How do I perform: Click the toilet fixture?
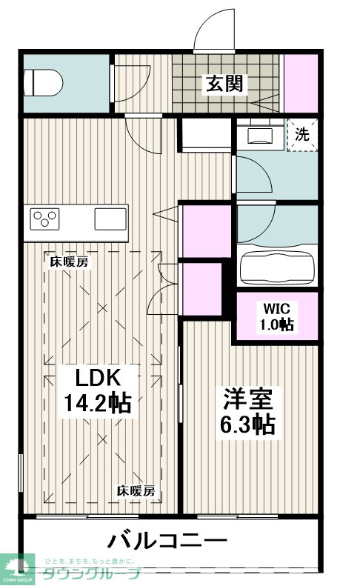tap(42, 82)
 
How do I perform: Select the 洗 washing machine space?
tap(302, 135)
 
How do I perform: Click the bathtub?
tap(277, 268)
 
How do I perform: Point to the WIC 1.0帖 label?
tap(276, 317)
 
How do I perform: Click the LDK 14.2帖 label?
tap(98, 391)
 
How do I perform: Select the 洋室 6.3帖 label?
tap(247, 411)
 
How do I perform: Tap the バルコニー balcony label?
tap(167, 540)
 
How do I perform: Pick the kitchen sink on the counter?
tap(110, 219)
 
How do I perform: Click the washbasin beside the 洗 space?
tap(261, 135)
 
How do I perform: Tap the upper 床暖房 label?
tap(70, 262)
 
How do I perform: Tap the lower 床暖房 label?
tap(136, 490)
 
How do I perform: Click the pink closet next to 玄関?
tap(301, 83)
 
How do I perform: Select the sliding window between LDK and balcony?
tap(87, 517)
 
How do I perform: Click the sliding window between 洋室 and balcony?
tap(237, 517)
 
